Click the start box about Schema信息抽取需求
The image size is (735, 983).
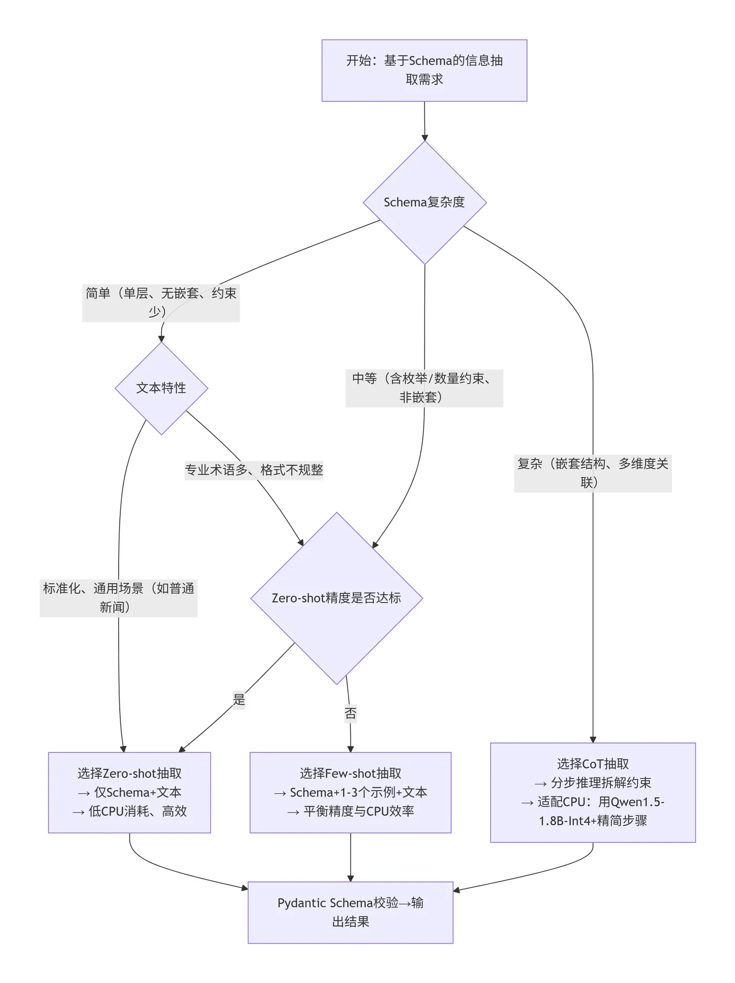pyautogui.click(x=424, y=70)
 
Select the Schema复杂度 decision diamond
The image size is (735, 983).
pyautogui.click(x=424, y=202)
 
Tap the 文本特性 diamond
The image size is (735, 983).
pyautogui.click(x=161, y=388)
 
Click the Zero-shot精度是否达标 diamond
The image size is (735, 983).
pyautogui.click(x=337, y=598)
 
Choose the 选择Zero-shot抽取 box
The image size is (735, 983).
pyautogui.click(x=130, y=792)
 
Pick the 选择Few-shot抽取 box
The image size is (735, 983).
pyautogui.click(x=350, y=792)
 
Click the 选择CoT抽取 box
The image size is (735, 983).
pyautogui.click(x=593, y=792)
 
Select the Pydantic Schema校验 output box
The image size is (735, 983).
pyautogui.click(x=350, y=912)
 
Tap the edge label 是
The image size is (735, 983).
pyautogui.click(x=239, y=700)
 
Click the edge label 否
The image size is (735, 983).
pyautogui.click(x=350, y=713)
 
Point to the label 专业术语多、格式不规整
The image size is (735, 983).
pyautogui.click(x=254, y=470)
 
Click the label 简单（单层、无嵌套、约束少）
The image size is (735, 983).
pyautogui.click(x=161, y=303)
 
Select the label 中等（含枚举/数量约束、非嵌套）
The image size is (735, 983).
pyautogui.click(x=424, y=388)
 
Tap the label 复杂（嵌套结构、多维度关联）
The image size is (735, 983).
pyautogui.click(x=593, y=473)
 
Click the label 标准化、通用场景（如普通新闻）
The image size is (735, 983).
pyautogui.click(x=119, y=598)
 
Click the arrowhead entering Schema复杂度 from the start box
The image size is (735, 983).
pyautogui.click(x=425, y=138)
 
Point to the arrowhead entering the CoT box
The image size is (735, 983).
pyautogui.click(x=593, y=739)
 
